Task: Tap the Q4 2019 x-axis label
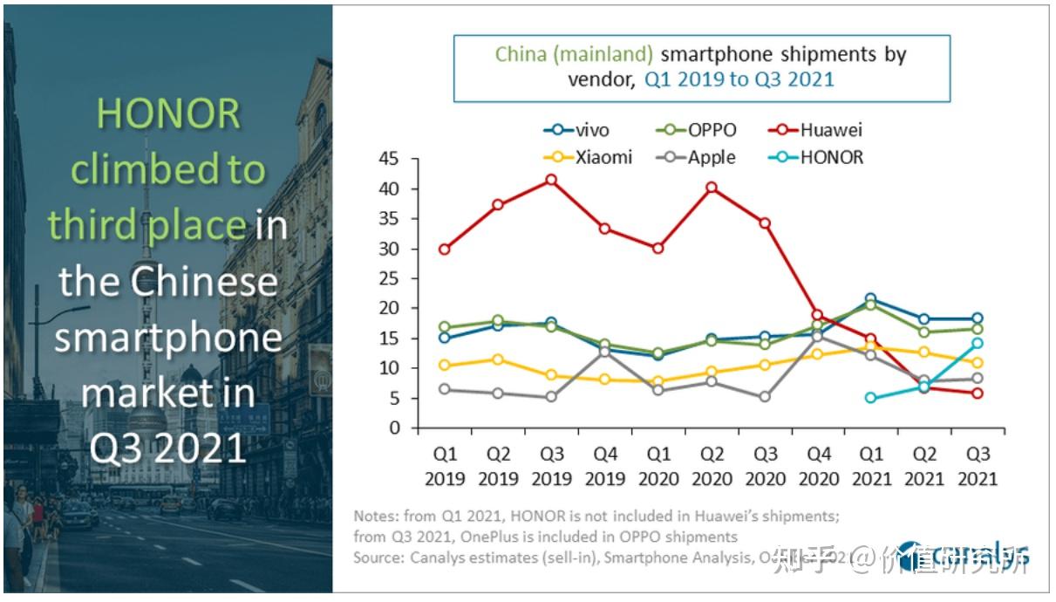[x=604, y=468]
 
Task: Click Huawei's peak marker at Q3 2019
[x=551, y=180]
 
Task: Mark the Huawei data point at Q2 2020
[x=711, y=188]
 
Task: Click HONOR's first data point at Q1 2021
[x=870, y=398]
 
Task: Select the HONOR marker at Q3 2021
[x=978, y=343]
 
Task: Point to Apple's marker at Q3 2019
[x=551, y=397]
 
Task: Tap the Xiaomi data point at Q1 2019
[x=445, y=365]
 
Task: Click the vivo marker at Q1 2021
[x=870, y=299]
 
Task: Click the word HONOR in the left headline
[x=168, y=114]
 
